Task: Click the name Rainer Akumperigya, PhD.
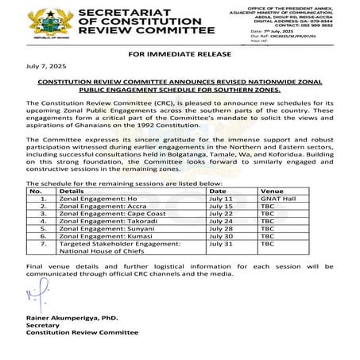click(74, 319)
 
